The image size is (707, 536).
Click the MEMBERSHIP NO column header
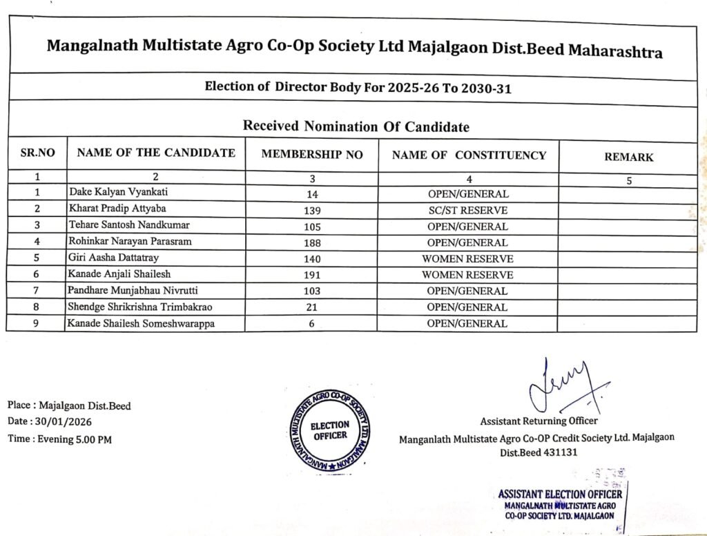311,155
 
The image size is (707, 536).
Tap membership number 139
311,210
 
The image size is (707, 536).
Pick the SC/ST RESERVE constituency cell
467,210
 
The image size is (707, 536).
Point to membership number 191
311,275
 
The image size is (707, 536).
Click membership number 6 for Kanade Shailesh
311,323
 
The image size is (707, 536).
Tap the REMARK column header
628,157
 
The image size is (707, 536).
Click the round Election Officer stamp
329,431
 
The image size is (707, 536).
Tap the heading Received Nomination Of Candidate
356,126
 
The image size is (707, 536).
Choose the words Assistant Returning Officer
539,421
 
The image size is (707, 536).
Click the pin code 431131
556,453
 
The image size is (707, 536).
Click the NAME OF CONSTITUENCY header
469,155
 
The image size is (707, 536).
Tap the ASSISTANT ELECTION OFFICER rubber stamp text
559,494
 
